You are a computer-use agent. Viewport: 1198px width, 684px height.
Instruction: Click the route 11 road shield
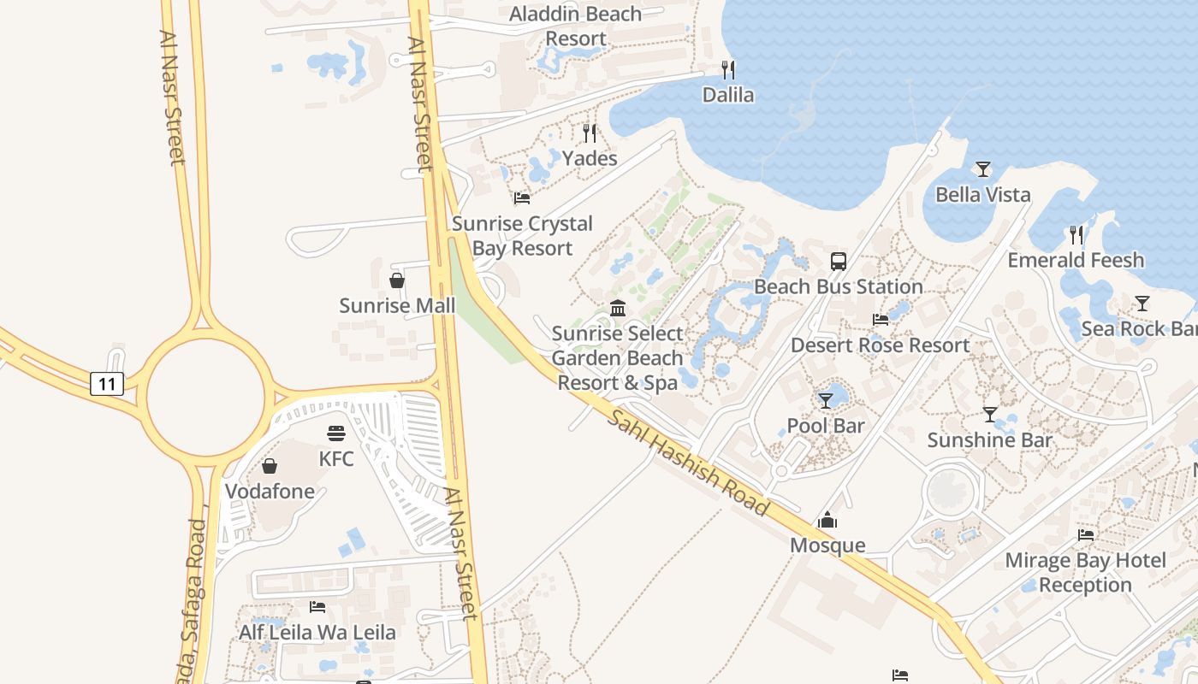click(x=107, y=384)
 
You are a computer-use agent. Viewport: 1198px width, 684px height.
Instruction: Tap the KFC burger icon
click(x=335, y=434)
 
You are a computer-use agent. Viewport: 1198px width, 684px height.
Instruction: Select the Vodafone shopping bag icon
click(x=270, y=466)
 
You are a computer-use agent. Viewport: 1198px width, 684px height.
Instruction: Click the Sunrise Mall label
click(x=397, y=305)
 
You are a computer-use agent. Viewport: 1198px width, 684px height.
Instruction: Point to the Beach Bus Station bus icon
click(x=839, y=262)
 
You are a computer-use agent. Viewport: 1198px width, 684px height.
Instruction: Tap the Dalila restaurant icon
click(x=728, y=70)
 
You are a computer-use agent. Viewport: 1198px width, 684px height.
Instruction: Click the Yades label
click(x=590, y=158)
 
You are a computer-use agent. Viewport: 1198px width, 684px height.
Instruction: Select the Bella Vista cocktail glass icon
click(x=983, y=169)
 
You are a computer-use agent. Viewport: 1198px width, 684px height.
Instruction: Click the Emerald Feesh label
click(x=1076, y=260)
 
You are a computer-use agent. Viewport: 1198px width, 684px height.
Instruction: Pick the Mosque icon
click(x=827, y=520)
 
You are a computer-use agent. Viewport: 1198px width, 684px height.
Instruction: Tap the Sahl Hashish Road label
click(x=688, y=462)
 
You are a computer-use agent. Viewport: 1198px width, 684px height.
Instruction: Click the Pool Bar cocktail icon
click(x=826, y=400)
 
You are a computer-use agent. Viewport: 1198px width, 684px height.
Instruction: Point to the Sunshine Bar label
click(x=990, y=440)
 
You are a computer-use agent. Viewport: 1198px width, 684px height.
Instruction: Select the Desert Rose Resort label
click(x=881, y=345)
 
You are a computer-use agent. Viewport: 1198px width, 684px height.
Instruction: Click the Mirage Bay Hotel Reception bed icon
click(x=1086, y=535)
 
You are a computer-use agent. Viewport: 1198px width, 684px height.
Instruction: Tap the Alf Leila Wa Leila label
click(x=317, y=633)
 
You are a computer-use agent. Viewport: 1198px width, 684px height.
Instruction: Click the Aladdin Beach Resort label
click(x=576, y=26)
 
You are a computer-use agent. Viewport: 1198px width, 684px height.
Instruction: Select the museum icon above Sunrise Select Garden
click(x=618, y=308)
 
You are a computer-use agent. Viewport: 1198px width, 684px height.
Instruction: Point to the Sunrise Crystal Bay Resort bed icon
click(x=522, y=198)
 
